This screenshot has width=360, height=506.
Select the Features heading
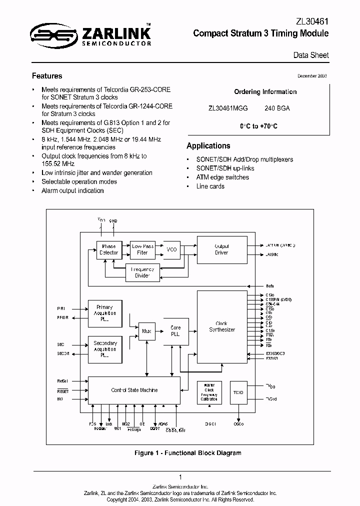47,76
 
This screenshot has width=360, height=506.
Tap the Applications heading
208,146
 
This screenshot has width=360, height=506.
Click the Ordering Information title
265,92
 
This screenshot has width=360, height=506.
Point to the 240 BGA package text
277,108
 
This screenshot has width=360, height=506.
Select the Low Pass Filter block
142,249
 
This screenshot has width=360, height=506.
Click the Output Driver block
221,249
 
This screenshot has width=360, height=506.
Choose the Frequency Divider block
142,272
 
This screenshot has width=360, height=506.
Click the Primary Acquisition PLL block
105,313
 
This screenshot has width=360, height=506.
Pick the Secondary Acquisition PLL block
105,349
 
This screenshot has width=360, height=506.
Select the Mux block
146,331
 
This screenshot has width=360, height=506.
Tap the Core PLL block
176,331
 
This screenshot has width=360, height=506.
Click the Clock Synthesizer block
221,326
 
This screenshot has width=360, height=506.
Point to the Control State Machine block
134,390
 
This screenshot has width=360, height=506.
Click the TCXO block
238,392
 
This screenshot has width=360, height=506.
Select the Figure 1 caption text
187,453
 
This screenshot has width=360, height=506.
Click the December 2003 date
313,75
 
